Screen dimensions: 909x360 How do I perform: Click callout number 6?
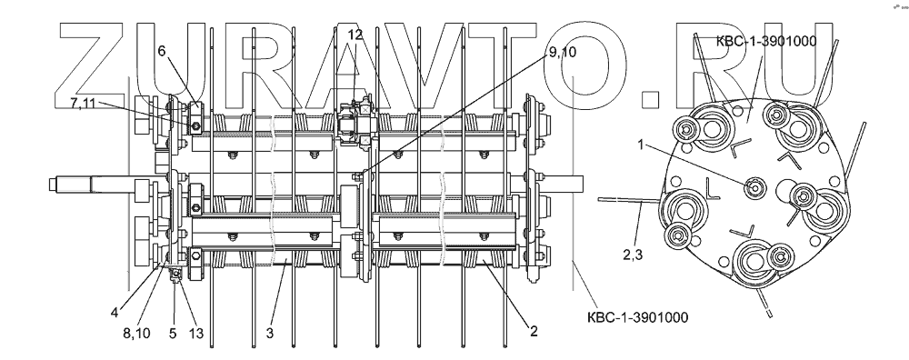[162, 51]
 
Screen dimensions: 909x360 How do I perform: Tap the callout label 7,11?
[84, 104]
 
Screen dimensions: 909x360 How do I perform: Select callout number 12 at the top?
[355, 35]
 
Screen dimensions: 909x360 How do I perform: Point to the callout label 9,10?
[561, 53]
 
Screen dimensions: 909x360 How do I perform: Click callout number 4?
[115, 313]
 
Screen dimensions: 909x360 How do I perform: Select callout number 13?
[196, 333]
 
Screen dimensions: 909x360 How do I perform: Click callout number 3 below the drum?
[270, 333]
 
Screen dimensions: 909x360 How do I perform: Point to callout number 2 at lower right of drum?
[534, 332]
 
